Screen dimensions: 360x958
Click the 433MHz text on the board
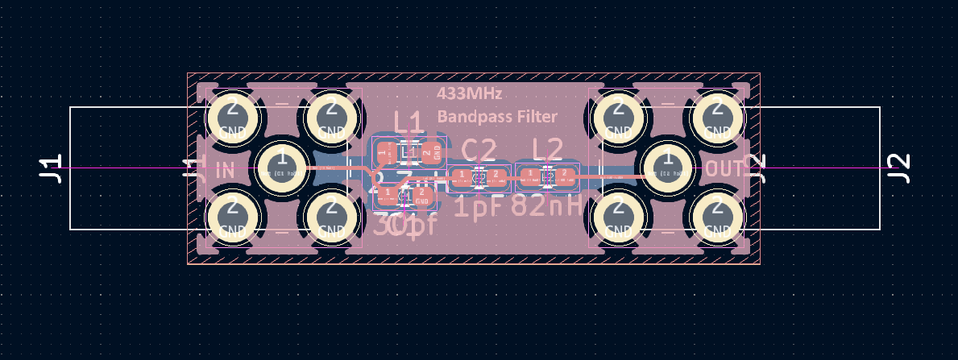click(x=470, y=93)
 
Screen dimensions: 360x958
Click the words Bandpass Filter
click(x=497, y=117)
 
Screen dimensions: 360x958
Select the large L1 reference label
click(x=408, y=122)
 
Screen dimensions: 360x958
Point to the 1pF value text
click(x=478, y=206)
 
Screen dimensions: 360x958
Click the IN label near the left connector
click(x=226, y=170)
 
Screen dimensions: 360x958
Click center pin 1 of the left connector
click(x=281, y=168)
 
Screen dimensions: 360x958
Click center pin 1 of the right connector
click(x=668, y=168)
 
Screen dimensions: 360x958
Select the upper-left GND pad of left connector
click(x=232, y=119)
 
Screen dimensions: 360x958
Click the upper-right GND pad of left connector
click(x=330, y=119)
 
